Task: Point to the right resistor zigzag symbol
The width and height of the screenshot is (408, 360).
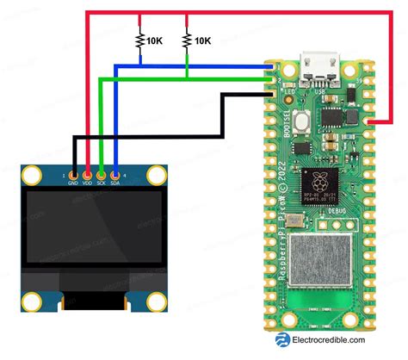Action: coord(187,39)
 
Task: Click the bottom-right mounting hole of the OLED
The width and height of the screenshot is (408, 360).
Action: coord(155,301)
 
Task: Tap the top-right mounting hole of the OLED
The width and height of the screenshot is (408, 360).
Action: coord(155,177)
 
